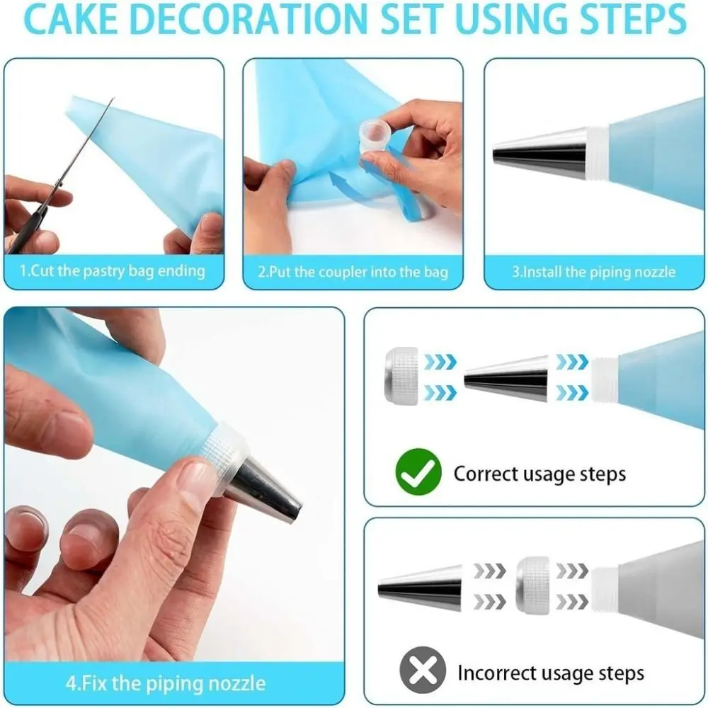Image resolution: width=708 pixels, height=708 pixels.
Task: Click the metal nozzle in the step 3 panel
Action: click(542, 152)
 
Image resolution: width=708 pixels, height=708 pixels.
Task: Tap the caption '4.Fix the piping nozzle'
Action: click(166, 683)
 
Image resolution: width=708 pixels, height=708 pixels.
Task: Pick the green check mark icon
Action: click(418, 474)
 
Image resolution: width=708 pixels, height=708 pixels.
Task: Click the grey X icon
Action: click(423, 670)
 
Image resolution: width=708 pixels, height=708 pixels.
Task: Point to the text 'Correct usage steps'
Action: click(539, 474)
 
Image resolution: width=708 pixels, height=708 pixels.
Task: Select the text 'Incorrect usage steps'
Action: click(551, 672)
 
